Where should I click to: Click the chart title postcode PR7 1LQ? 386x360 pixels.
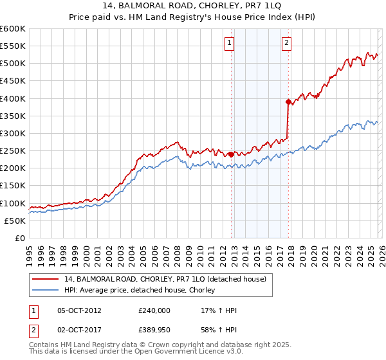pos(253,5)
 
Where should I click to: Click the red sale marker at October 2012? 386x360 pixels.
pos(231,154)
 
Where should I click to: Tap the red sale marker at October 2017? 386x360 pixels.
pos(288,101)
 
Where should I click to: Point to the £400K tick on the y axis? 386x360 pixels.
pos(13,98)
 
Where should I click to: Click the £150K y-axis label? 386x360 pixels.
pos(13,186)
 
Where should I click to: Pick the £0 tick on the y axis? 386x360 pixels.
pos(19,238)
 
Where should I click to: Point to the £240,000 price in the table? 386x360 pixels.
pos(154,310)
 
